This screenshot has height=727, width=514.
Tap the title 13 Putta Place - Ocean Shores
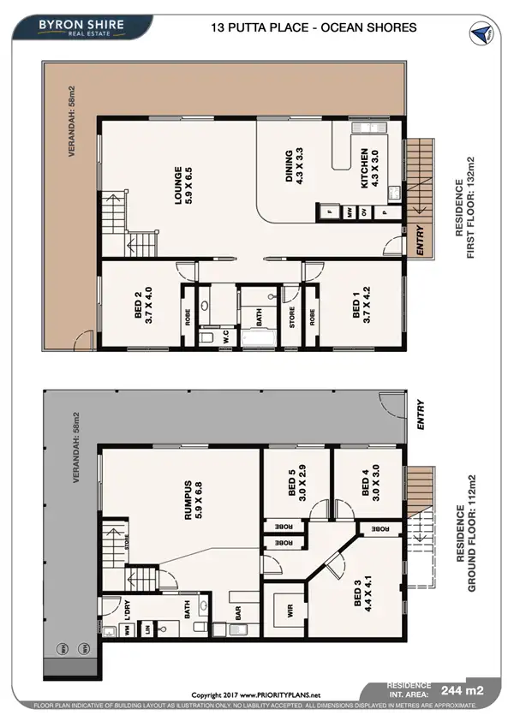coord(314,27)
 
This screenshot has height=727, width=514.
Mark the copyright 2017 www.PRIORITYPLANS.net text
coord(255,694)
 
